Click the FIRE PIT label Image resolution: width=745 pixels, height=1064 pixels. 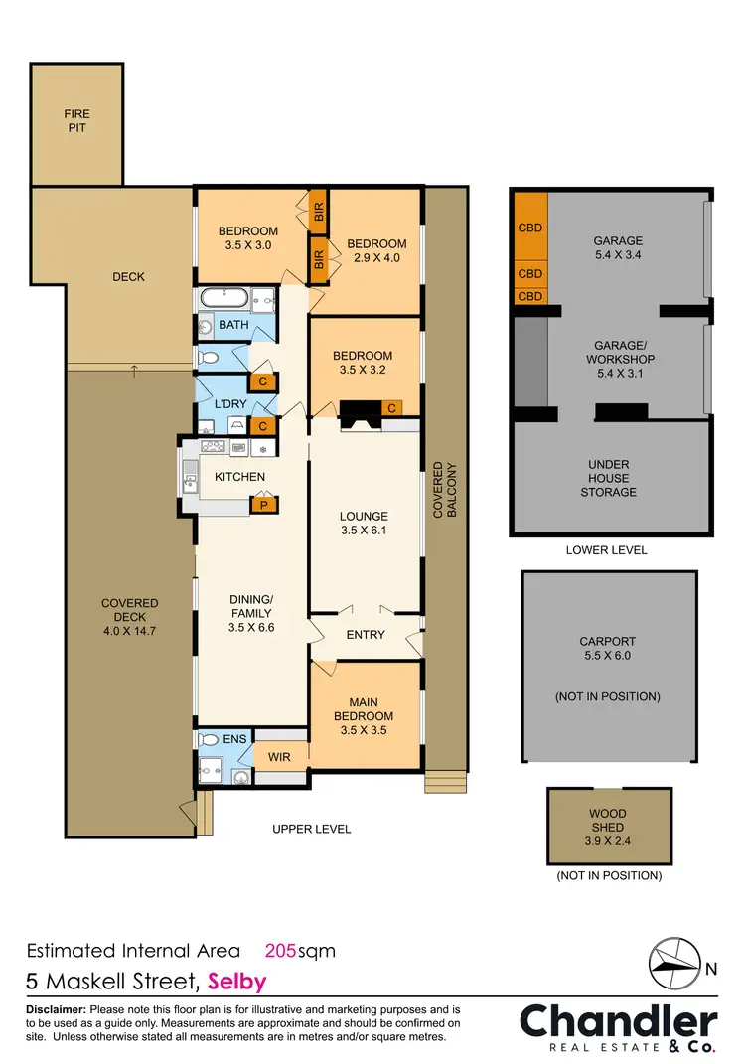[x=76, y=121]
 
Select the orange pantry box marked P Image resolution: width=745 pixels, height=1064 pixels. [x=263, y=505]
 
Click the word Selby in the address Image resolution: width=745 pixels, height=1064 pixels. [x=236, y=983]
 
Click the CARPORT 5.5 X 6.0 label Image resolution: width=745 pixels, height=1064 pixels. [x=607, y=648]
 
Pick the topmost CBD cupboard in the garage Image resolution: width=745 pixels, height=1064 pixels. [x=530, y=228]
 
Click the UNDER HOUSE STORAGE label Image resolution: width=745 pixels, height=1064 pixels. [x=607, y=478]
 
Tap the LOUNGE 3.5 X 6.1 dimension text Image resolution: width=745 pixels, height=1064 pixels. [x=364, y=524]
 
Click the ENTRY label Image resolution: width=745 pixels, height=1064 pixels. [x=365, y=635]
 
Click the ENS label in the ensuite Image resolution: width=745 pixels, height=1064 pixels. [x=235, y=740]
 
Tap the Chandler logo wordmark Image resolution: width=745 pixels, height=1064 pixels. [x=618, y=1022]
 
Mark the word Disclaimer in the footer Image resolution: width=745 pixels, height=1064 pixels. [x=56, y=1009]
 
